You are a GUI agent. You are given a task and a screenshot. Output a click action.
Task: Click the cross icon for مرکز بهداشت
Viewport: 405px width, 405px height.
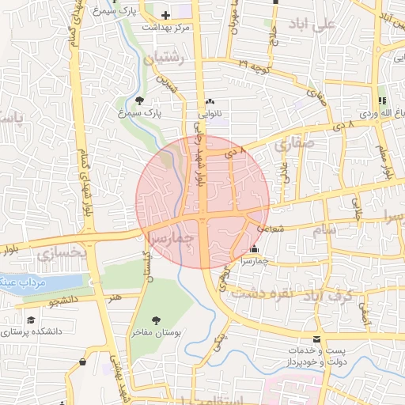point(165,15)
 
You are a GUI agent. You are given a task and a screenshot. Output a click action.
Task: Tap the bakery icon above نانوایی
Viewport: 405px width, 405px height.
point(210,101)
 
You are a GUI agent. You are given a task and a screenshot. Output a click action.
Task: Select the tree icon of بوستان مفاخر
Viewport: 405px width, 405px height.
point(155,320)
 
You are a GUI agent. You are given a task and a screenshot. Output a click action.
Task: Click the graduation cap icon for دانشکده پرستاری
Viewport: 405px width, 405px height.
point(31,320)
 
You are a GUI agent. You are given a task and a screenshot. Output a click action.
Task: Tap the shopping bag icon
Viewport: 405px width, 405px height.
point(83,361)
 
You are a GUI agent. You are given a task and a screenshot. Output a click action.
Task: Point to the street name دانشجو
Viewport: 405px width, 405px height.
point(64,301)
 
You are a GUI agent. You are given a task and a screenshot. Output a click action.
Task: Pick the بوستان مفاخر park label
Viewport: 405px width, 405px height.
point(178,334)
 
